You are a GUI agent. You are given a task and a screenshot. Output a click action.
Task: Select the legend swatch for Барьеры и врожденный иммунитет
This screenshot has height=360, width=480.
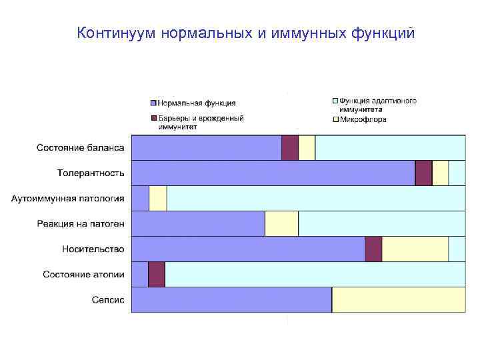[x=153, y=118]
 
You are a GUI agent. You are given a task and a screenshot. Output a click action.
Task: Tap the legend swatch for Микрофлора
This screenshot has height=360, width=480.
[x=335, y=120]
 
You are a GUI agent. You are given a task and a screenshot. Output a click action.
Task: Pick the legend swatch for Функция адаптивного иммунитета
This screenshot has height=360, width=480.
[x=335, y=101]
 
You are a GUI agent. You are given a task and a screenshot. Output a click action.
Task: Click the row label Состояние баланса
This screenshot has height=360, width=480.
[x=80, y=147]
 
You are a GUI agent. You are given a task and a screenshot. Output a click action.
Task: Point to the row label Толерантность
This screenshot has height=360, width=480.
[x=91, y=173]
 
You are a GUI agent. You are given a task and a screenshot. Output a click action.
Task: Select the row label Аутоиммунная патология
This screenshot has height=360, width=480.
[x=68, y=198]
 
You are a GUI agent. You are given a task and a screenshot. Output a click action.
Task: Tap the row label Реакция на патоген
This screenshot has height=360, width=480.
[x=81, y=223]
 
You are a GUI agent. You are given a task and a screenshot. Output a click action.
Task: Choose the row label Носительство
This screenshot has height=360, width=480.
[x=93, y=249]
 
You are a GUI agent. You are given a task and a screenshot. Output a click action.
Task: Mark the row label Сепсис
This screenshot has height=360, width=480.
[x=108, y=299]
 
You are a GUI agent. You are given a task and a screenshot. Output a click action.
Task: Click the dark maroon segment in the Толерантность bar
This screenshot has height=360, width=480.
[x=423, y=173]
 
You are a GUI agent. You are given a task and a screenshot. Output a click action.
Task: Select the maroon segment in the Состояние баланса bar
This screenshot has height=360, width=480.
[x=290, y=147]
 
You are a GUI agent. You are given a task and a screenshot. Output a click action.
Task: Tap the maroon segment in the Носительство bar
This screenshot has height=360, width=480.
[x=373, y=249]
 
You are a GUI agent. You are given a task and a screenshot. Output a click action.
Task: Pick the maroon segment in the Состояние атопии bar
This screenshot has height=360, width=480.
[x=157, y=274]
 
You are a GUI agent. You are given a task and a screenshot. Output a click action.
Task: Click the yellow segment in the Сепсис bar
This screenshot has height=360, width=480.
[x=399, y=299]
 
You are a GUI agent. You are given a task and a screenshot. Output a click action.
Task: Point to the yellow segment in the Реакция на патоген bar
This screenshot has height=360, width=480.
[x=281, y=223]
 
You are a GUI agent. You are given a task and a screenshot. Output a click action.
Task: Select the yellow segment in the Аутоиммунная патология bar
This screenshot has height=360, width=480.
[x=157, y=198]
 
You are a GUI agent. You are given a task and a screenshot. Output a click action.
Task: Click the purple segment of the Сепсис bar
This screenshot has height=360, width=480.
[x=231, y=299]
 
